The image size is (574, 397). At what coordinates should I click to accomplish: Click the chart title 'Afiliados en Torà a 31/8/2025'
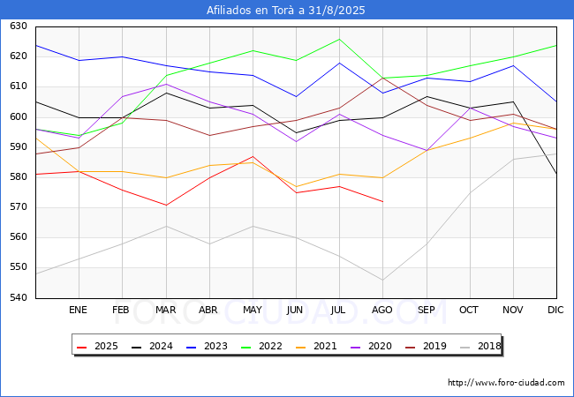tap(285, 10)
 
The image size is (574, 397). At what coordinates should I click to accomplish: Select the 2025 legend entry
tap(97, 346)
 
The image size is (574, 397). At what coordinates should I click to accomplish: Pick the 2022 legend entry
tap(261, 346)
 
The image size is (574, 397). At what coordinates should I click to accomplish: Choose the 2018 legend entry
tap(480, 346)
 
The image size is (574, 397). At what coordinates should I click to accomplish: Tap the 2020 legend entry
tap(371, 346)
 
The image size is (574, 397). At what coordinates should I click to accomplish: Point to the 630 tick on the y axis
tap(19, 26)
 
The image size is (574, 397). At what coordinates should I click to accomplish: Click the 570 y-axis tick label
tap(19, 207)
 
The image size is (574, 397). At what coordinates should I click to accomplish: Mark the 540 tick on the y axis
tap(19, 297)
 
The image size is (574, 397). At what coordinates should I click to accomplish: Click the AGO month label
tap(382, 310)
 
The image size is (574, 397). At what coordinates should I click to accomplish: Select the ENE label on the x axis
tap(78, 310)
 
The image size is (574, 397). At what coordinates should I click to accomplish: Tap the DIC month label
tap(555, 310)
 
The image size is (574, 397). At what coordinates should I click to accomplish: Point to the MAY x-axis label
tap(253, 310)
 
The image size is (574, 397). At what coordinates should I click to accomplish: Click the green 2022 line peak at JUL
tap(339, 39)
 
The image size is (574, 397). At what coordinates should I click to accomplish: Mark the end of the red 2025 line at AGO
tap(383, 201)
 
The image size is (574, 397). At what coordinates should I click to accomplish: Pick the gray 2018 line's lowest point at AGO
tap(383, 280)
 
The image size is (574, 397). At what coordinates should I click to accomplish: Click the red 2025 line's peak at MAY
tap(253, 156)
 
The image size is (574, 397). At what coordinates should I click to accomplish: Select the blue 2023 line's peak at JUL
tap(339, 63)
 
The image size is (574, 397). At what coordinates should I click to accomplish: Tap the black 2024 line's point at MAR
tap(166, 93)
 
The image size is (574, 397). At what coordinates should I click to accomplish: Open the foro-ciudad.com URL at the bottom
tap(506, 383)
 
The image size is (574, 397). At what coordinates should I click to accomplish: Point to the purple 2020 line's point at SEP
tap(427, 150)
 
